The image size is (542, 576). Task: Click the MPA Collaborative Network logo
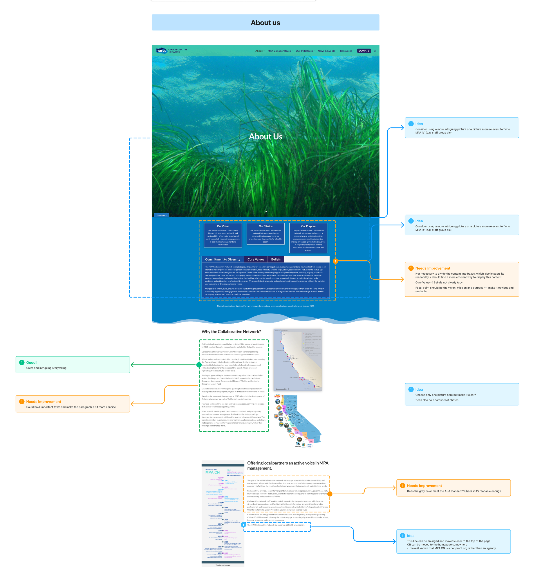(171, 51)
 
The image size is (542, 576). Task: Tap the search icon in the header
(375, 51)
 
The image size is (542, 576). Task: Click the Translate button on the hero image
(161, 215)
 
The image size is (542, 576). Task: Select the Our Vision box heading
(223, 226)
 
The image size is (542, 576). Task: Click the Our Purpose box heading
(308, 226)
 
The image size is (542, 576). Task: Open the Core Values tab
(256, 259)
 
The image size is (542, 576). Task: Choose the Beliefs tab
(276, 259)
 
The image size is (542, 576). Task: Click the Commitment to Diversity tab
(223, 259)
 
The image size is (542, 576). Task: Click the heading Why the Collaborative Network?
(231, 331)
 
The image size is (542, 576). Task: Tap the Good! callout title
(31, 362)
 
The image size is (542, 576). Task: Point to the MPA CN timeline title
(212, 472)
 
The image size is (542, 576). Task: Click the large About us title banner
(266, 23)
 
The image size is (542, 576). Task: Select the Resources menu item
(346, 51)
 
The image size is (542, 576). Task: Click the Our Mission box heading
(266, 226)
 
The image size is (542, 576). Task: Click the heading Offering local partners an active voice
(287, 465)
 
